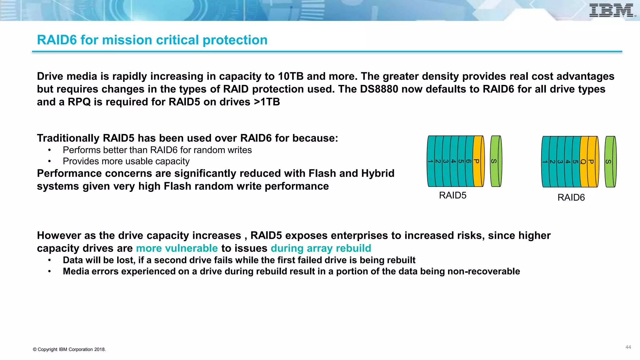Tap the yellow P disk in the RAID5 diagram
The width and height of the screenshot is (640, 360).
[477, 161]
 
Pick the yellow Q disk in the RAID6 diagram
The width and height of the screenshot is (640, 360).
[583, 162]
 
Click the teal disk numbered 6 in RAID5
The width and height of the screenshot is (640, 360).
[469, 161]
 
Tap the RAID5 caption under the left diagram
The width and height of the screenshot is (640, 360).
[452, 195]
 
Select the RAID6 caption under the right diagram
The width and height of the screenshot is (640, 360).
[571, 197]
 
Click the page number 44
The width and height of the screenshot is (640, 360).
[628, 347]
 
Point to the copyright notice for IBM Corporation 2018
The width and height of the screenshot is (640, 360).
[69, 349]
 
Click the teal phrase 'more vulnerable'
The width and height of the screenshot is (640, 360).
[177, 248]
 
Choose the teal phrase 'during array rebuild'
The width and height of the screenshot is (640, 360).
[321, 248]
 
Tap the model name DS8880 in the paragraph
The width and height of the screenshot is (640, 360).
[379, 89]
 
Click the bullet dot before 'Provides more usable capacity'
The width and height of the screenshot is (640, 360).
[49, 162]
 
